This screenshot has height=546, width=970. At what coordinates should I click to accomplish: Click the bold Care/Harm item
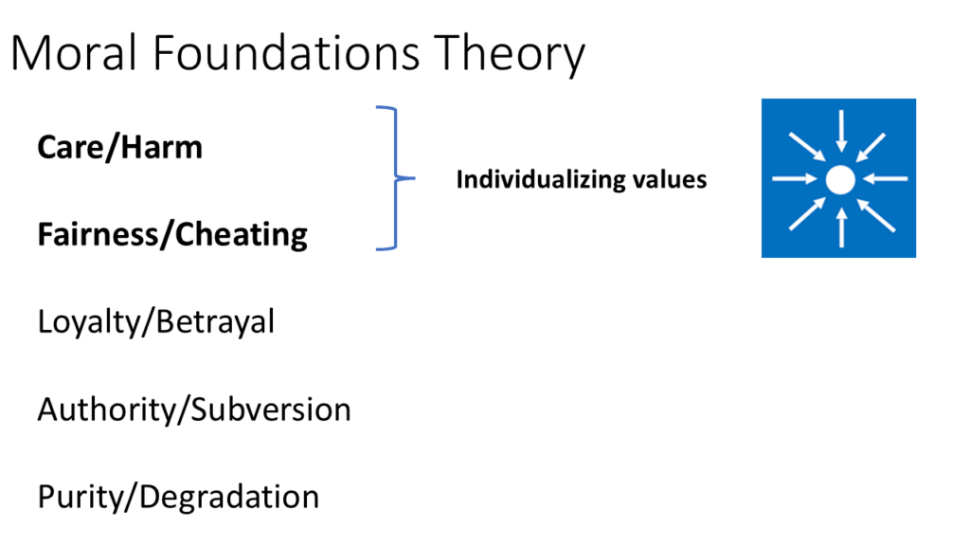click(119, 148)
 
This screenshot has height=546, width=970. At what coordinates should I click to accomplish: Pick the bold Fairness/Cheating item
click(172, 235)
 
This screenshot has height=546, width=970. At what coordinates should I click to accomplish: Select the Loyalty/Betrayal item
click(156, 323)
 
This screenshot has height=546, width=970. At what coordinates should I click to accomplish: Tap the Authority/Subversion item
click(194, 410)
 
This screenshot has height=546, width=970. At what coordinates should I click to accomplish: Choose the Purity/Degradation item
click(178, 498)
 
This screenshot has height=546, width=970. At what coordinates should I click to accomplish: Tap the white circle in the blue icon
click(839, 178)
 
